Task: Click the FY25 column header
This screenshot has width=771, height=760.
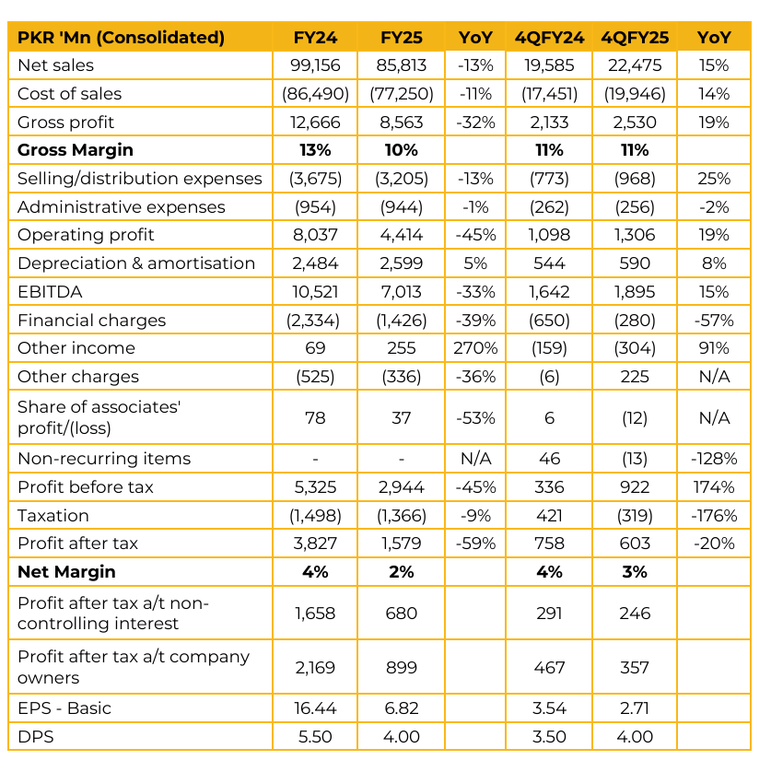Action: pyautogui.click(x=401, y=38)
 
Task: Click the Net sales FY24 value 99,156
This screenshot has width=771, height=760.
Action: pyautogui.click(x=314, y=65)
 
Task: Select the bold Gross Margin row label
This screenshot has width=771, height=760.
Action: pyautogui.click(x=76, y=150)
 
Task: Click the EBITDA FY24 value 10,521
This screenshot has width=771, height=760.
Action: pyautogui.click(x=314, y=292)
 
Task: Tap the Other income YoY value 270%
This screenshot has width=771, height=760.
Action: pyautogui.click(x=476, y=348)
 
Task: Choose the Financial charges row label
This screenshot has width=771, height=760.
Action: pyautogui.click(x=92, y=321)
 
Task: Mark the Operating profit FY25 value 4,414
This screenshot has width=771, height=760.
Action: pyautogui.click(x=401, y=235)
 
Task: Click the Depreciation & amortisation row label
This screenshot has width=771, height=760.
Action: pyautogui.click(x=136, y=263)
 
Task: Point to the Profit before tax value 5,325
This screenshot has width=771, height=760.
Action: pyautogui.click(x=314, y=486)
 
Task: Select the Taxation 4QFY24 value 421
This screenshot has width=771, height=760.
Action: pyautogui.click(x=549, y=515)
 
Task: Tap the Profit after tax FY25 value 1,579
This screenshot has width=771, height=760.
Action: pyautogui.click(x=401, y=544)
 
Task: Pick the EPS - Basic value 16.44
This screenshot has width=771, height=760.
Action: pyautogui.click(x=314, y=708)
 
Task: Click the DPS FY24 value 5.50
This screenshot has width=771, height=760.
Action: pyautogui.click(x=314, y=737)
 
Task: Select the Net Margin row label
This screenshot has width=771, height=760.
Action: pyautogui.click(x=67, y=572)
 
